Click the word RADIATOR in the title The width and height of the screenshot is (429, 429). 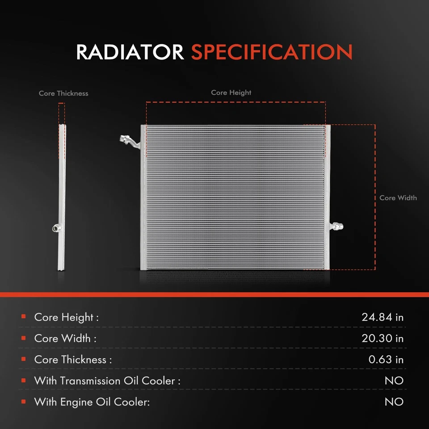click(130, 52)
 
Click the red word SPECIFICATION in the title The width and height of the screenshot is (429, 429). click(272, 52)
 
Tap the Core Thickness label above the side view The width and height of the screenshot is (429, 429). click(63, 93)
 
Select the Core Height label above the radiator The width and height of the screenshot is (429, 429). click(231, 93)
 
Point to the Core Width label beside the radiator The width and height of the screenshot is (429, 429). click(398, 198)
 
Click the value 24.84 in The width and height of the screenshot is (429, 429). click(382, 317)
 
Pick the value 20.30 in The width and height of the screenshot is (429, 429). click(382, 338)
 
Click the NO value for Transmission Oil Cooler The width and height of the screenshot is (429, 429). click(394, 381)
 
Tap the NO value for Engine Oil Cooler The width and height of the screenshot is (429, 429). click(394, 402)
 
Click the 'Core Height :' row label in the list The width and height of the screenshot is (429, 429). click(66, 317)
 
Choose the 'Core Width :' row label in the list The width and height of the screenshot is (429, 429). click(65, 338)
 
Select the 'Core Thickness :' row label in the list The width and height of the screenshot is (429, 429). click(73, 360)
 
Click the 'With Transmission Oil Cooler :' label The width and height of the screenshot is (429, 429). click(107, 381)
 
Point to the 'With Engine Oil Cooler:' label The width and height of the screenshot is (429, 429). click(92, 402)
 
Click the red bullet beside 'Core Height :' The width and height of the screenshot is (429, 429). click(23, 317)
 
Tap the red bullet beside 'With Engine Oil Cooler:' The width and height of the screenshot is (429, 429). click(23, 402)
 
